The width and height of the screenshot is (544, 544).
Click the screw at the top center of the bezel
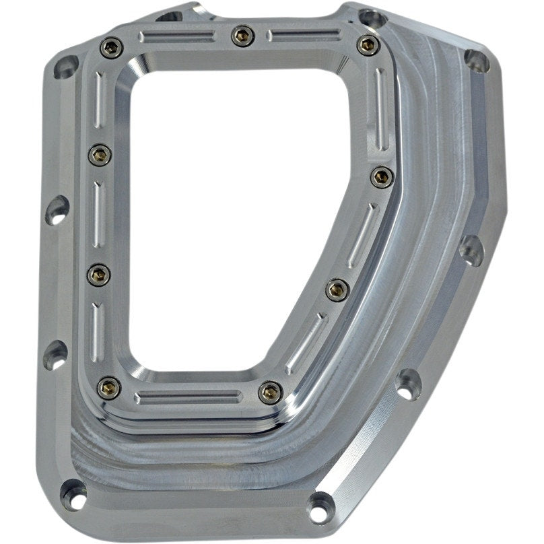point(242,35)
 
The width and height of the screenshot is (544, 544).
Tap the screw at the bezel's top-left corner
point(111,46)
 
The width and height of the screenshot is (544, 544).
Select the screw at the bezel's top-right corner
point(367,45)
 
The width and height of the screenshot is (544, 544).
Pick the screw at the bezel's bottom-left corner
point(109,386)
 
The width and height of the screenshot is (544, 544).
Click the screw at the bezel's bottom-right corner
point(270,391)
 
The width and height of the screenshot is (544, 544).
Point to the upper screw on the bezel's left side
point(100,155)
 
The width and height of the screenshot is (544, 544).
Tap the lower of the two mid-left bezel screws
point(99,273)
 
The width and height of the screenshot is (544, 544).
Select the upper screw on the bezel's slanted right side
point(382,177)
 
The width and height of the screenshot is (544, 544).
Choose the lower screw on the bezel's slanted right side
point(337,290)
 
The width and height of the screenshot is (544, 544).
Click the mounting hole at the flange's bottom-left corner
point(73,495)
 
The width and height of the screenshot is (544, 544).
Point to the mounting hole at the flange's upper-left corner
point(66,66)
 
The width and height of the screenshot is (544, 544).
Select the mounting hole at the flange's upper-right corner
point(477,61)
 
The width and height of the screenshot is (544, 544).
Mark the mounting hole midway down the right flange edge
point(471,250)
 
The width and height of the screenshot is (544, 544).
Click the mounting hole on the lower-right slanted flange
point(409,384)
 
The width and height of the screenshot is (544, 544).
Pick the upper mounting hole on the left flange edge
point(57,210)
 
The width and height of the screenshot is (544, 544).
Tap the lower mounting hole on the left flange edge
point(55,355)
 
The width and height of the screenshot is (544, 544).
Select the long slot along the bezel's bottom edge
point(189,397)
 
